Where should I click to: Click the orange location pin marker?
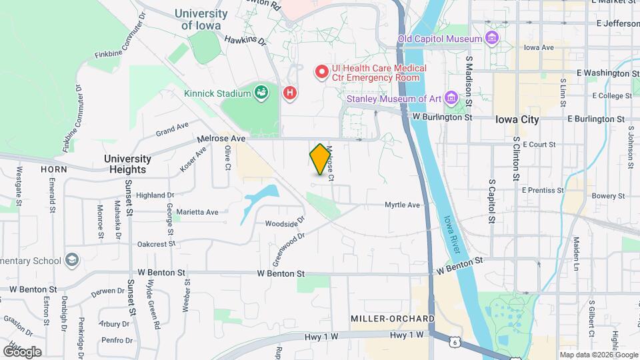pyautogui.click(x=321, y=159)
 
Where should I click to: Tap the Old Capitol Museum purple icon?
pyautogui.click(x=492, y=38)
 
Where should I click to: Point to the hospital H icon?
pyautogui.click(x=289, y=93)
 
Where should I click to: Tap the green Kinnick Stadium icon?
pyautogui.click(x=261, y=93)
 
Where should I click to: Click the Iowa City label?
pyautogui.click(x=517, y=120)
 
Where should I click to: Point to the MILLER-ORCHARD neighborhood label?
pyautogui.click(x=393, y=319)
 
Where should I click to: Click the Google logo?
pyautogui.click(x=22, y=351)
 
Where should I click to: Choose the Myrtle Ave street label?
pyautogui.click(x=404, y=205)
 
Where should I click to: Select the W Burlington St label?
pyautogui.click(x=442, y=117)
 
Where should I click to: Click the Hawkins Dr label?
pyautogui.click(x=245, y=41)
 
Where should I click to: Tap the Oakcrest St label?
pyautogui.click(x=156, y=244)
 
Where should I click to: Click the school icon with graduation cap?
pyautogui.click(x=72, y=260)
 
